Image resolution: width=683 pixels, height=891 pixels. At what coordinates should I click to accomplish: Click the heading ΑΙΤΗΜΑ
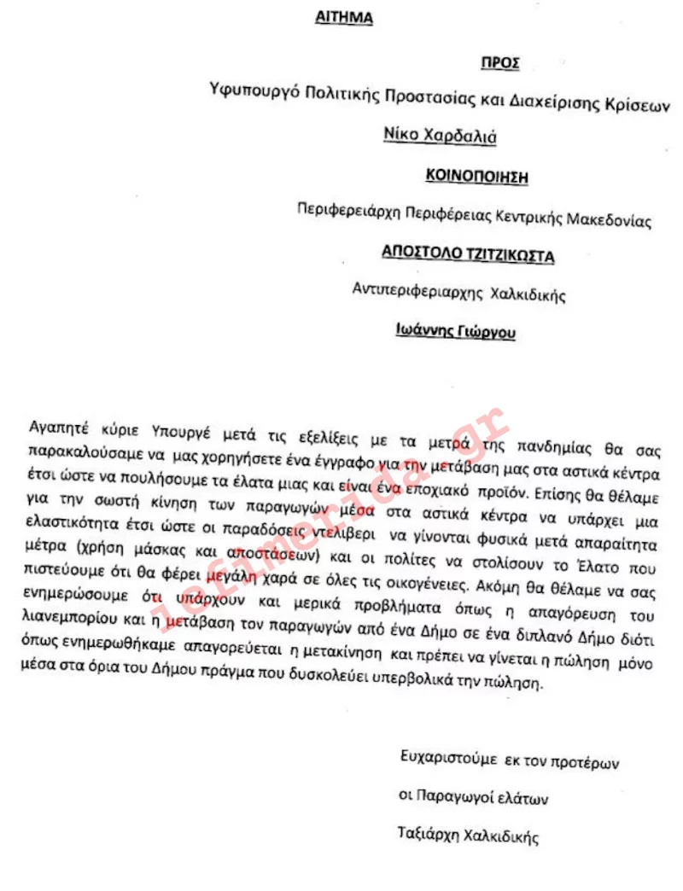point(344,18)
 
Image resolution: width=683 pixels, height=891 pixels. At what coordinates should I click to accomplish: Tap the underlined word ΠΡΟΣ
point(500,64)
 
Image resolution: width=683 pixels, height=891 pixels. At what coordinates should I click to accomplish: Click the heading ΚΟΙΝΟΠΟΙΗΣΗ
point(477,177)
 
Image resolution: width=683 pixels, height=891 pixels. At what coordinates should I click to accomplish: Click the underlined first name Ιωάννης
point(426,330)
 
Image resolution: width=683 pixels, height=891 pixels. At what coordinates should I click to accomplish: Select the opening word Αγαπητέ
point(55,423)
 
